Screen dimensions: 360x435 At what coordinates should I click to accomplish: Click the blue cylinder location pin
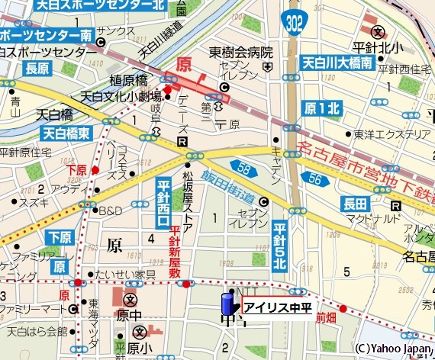pyautogui.click(x=227, y=302)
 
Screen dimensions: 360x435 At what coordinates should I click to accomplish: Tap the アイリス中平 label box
pyautogui.click(x=276, y=308)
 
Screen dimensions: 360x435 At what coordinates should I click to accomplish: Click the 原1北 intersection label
pyautogui.click(x=321, y=108)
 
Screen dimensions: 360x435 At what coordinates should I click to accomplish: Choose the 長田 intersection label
pyautogui.click(x=356, y=203)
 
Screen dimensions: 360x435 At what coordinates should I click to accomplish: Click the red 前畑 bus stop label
pyautogui.click(x=326, y=317)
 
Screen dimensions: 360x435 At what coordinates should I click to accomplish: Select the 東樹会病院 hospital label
pyautogui.click(x=241, y=53)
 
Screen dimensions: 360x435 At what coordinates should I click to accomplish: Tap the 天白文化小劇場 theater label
pyautogui.click(x=121, y=96)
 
